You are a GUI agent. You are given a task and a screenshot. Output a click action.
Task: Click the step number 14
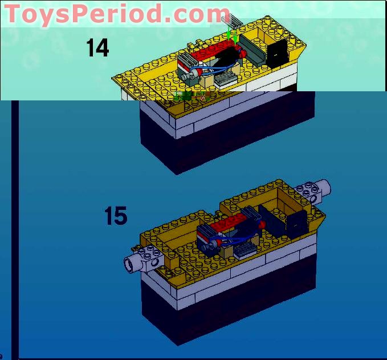pyautogui.click(x=97, y=48)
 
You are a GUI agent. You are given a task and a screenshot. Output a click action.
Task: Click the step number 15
pyautogui.click(x=116, y=216)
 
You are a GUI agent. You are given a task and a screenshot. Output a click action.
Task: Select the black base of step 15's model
pyautogui.click(x=228, y=308)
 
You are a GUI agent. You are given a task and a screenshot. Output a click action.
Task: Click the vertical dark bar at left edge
pyautogui.click(x=15, y=228)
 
